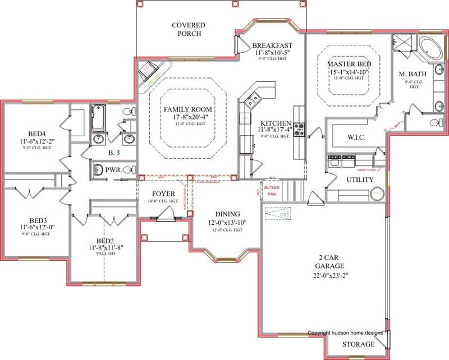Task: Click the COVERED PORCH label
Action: click(189, 29)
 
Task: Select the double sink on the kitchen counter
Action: click(253, 100)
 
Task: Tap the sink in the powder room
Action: click(98, 169)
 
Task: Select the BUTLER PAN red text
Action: click(272, 190)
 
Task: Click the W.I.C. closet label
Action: click(357, 136)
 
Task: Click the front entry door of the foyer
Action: click(166, 215)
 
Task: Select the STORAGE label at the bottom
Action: click(359, 344)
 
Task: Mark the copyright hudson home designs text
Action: click(345, 333)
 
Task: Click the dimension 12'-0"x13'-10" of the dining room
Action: click(227, 223)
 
